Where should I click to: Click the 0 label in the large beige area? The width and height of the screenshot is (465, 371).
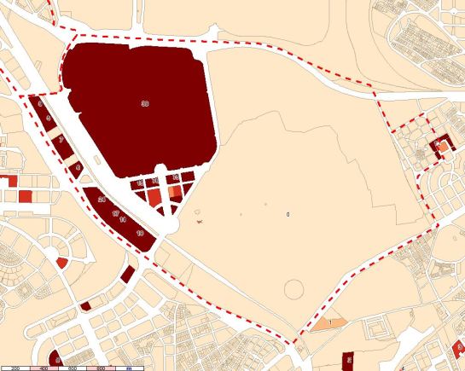tap(288, 213)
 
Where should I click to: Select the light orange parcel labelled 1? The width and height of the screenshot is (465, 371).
tap(328, 324)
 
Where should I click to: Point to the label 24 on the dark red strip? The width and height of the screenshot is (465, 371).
tap(102, 200)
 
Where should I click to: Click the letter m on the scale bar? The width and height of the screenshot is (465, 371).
tap(128, 368)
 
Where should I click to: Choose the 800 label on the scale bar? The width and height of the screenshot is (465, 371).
tap(101, 368)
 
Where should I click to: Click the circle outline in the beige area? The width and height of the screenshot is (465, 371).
tap(295, 288)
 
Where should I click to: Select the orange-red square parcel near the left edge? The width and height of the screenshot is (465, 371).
tap(25, 196)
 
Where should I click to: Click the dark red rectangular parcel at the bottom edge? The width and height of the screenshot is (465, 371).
tap(347, 362)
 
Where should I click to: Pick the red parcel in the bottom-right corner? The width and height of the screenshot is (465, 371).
tap(460, 349)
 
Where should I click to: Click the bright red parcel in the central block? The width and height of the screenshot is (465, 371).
tap(154, 197)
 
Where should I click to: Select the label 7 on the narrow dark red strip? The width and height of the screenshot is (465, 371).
tap(61, 140)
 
